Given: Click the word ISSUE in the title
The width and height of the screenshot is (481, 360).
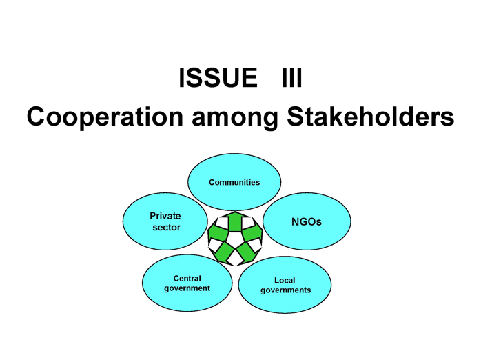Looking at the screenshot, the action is (x=218, y=77).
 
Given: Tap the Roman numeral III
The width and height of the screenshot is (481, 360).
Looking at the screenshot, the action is (x=292, y=77).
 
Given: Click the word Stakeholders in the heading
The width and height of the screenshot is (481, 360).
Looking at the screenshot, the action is (x=370, y=116).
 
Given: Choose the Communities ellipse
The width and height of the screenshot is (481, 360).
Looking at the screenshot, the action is (x=234, y=181).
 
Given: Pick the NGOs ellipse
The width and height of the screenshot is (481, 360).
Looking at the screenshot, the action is (x=307, y=221).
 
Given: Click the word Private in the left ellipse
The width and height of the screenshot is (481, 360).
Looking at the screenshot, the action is (x=165, y=216).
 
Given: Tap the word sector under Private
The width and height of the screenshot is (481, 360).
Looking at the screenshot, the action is (x=166, y=228).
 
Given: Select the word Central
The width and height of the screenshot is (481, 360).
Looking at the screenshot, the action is (x=187, y=279).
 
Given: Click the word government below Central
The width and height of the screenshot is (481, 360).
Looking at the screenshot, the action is (x=187, y=288).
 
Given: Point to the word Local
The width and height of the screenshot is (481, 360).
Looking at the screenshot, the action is (x=285, y=280).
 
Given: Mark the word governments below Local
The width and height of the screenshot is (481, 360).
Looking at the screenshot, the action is (x=285, y=290).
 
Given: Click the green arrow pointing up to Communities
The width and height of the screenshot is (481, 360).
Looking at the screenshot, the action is (x=235, y=221).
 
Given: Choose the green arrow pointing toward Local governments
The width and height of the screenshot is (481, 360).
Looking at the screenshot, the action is (x=247, y=252).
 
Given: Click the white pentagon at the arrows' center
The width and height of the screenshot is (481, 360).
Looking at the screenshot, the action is (x=235, y=238).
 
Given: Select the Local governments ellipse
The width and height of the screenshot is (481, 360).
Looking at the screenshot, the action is (x=285, y=285).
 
